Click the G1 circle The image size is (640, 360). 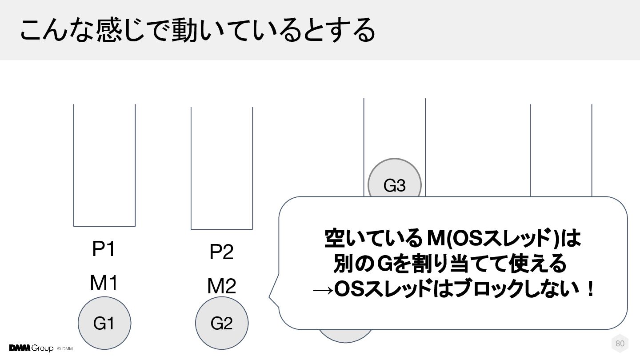[x=104, y=324]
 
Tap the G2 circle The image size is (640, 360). [x=222, y=324]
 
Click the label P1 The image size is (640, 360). [x=104, y=250]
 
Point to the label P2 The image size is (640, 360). [x=221, y=253]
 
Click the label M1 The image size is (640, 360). [x=104, y=283]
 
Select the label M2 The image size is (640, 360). [x=221, y=287]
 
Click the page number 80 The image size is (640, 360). [x=620, y=344]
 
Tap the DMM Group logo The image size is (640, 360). [x=31, y=348]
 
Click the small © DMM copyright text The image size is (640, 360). [x=65, y=348]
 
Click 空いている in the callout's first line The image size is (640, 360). [x=372, y=240]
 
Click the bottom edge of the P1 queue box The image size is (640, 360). [x=104, y=226]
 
